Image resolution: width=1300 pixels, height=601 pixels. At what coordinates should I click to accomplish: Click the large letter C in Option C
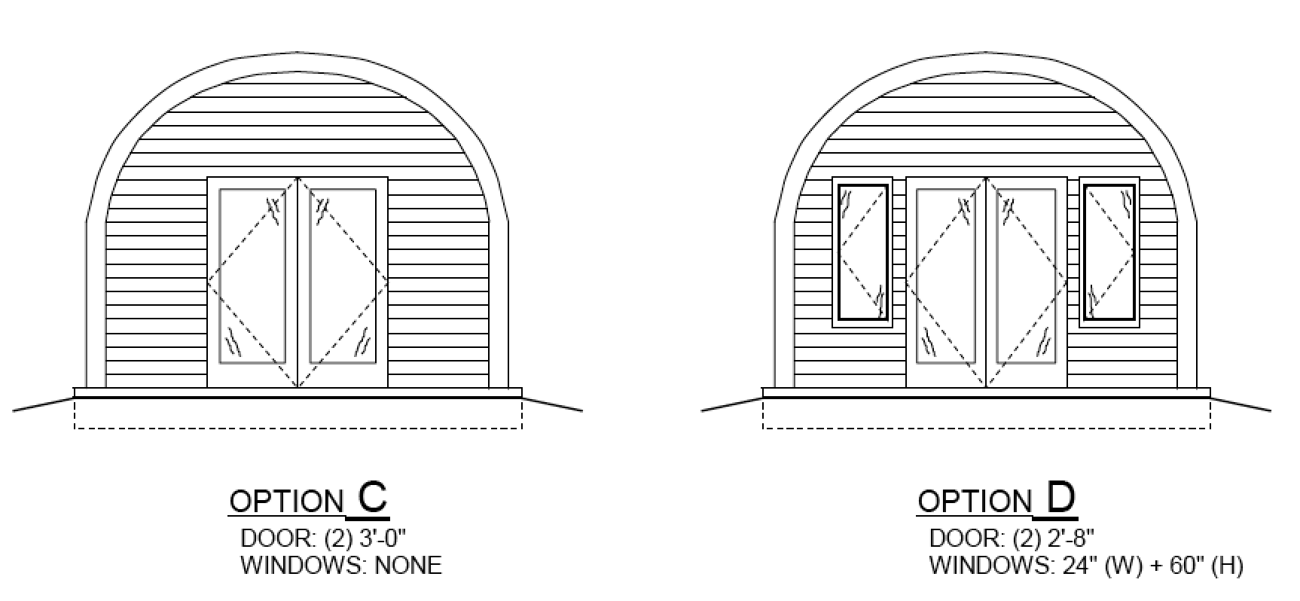372,498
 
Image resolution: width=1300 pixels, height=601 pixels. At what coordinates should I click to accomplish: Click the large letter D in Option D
1060,498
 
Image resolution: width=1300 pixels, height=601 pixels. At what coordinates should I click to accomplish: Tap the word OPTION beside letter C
286,502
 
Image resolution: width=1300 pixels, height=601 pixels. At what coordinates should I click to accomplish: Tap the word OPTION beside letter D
975,502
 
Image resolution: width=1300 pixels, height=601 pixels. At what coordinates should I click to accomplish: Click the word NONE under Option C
408,566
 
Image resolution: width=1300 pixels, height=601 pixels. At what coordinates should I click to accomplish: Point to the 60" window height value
1182,566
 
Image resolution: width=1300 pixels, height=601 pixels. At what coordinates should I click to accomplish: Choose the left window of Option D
862,252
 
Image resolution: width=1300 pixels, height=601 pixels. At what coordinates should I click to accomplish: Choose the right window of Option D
1109,252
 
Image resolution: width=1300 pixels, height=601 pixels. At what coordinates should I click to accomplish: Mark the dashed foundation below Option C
298,414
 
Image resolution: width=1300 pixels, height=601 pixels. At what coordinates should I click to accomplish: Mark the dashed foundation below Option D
986,414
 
